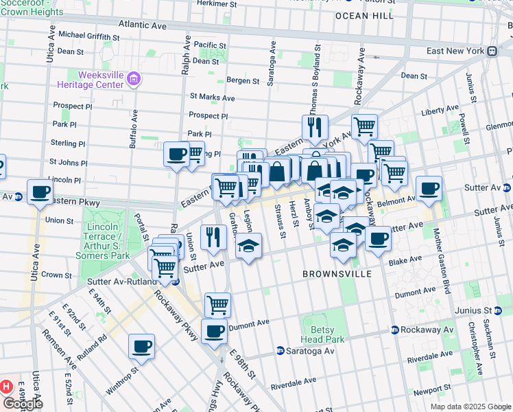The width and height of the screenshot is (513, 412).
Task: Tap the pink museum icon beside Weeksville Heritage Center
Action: pyautogui.click(x=133, y=80)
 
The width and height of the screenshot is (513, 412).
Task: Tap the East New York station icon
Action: pyautogui.click(x=492, y=51)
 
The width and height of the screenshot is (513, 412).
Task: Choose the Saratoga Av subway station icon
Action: pyautogui.click(x=281, y=351)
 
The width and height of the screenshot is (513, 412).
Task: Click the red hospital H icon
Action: pyautogui.click(x=7, y=387)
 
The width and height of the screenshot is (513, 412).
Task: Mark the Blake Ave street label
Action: pyautogui.click(x=405, y=260)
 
